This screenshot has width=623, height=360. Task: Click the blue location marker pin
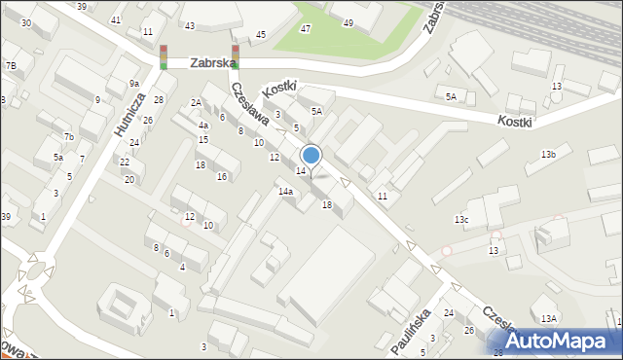[x=311, y=155]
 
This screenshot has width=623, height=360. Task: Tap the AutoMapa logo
[x=564, y=341]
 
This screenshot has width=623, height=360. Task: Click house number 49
[x=348, y=21]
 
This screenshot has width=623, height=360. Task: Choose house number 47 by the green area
[x=306, y=29]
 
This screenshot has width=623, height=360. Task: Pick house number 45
[x=260, y=35]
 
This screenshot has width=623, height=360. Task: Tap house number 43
[x=190, y=25]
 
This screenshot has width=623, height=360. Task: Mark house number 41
[x=117, y=19]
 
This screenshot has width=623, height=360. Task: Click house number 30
[x=25, y=22]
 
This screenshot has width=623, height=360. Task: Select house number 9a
[x=133, y=84]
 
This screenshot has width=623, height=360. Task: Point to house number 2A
[x=196, y=102]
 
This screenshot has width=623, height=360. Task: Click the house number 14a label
[x=285, y=192]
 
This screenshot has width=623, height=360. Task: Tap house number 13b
[x=549, y=155]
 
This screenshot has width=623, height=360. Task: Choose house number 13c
[x=461, y=220]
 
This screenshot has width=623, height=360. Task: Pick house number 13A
[x=549, y=318]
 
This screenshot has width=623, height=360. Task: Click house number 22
[x=125, y=162]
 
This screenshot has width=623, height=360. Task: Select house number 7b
[x=68, y=137]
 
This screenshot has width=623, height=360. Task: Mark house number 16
[x=222, y=176]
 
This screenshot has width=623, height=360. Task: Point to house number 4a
[x=203, y=126]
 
